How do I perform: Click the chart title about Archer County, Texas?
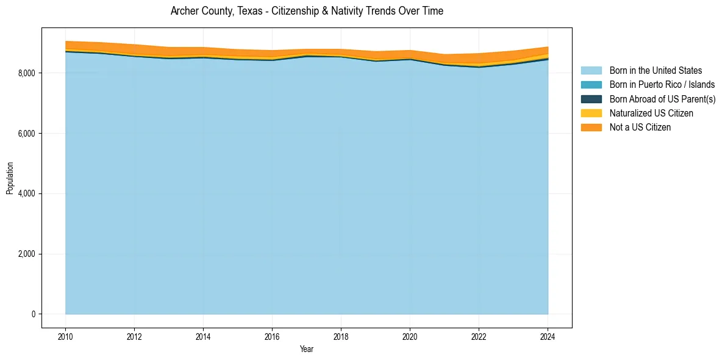click(307, 11)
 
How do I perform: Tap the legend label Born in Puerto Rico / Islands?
click(662, 85)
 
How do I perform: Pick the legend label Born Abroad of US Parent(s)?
click(662, 99)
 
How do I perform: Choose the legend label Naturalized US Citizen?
click(651, 113)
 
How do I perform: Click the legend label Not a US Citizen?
click(640, 128)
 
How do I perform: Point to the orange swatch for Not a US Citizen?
click(591, 128)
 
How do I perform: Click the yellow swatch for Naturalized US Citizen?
click(591, 113)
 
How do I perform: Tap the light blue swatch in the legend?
click(591, 71)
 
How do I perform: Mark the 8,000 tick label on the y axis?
click(26, 73)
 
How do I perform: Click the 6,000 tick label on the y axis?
click(26, 134)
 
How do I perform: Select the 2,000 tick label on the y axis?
click(26, 254)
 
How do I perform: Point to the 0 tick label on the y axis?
click(33, 314)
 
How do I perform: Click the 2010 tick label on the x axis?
click(65, 336)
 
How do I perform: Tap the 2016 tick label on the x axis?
click(272, 336)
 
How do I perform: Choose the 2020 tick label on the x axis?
click(410, 336)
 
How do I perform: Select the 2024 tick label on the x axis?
click(548, 336)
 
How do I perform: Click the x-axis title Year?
click(307, 350)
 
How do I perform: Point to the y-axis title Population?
click(10, 178)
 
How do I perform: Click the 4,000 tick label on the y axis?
click(26, 194)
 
